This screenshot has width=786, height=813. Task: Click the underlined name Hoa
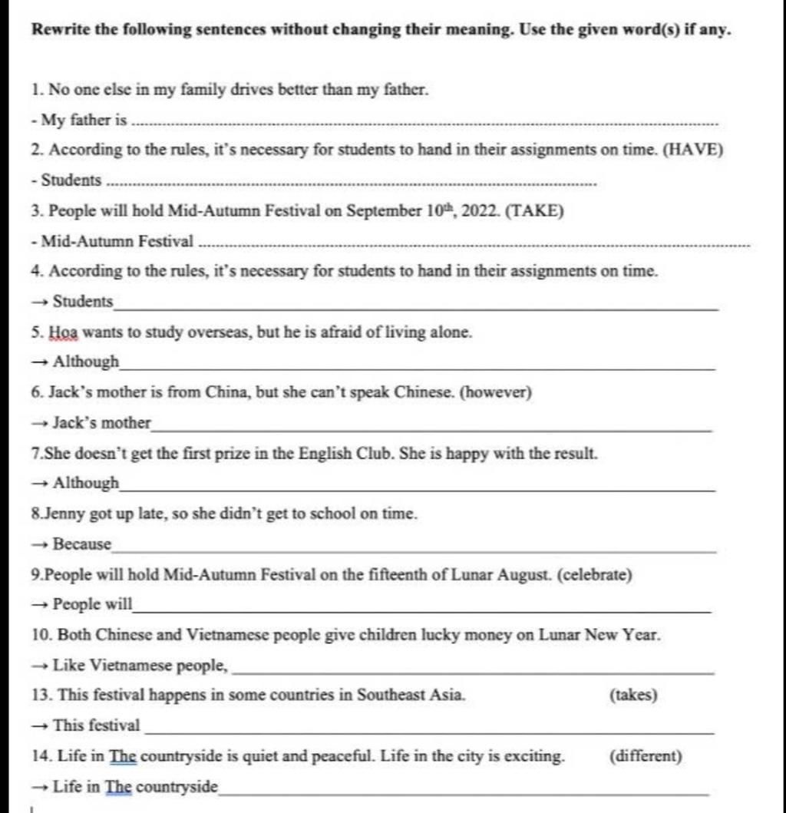click(x=63, y=332)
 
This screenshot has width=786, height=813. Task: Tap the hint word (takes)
click(x=633, y=696)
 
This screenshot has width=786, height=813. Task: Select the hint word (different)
click(x=646, y=756)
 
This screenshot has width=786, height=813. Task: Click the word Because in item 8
click(x=81, y=544)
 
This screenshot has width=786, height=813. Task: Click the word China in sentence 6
click(x=226, y=393)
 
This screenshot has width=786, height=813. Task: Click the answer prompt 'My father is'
click(x=84, y=121)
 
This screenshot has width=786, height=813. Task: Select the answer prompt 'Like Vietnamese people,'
click(x=140, y=666)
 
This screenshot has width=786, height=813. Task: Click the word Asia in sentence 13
click(x=448, y=696)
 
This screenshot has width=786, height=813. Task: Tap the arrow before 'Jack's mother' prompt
click(x=40, y=423)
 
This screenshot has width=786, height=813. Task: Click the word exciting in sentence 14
click(x=536, y=756)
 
